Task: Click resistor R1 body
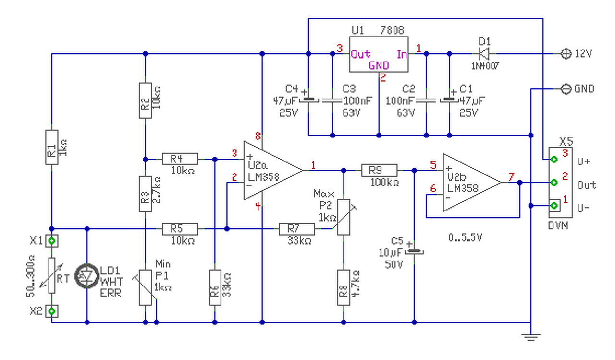[x=51, y=147]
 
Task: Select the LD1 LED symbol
[x=87, y=275]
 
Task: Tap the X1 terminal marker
[x=51, y=240]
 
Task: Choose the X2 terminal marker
[x=51, y=311]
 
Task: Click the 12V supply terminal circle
[x=566, y=53]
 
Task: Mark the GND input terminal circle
[x=566, y=89]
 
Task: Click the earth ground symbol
[x=530, y=336]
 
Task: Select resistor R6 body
[x=215, y=287]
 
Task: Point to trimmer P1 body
[x=145, y=287]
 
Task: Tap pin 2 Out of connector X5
[x=554, y=183]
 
